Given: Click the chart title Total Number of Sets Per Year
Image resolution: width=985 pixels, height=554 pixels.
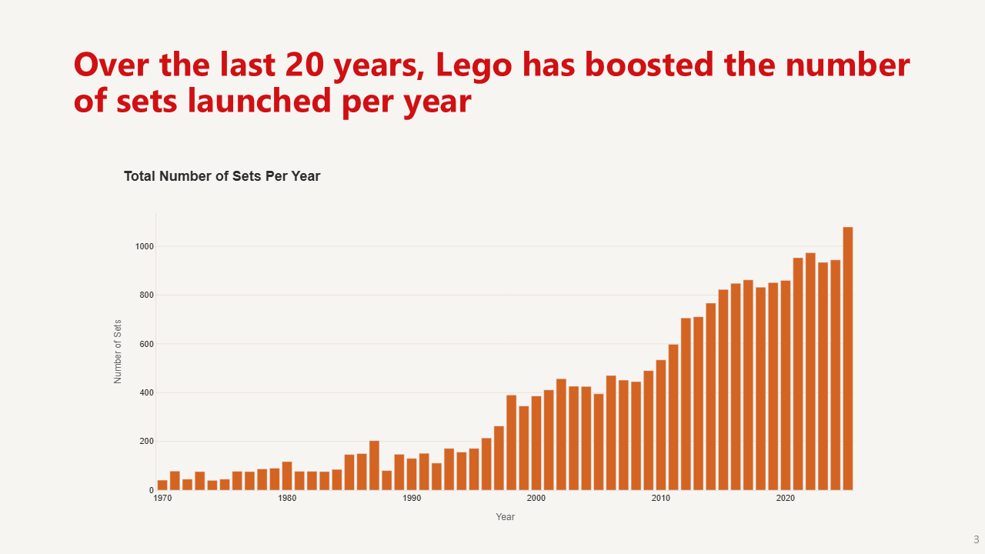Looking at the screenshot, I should point(222,176).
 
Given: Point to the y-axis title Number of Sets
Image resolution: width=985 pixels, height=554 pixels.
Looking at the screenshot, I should point(118,352).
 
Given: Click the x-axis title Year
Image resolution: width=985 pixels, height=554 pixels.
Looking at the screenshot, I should point(505,517).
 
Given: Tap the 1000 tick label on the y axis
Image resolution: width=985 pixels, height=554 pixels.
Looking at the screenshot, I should point(145,246).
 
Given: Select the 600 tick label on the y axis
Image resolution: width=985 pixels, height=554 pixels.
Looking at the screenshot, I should point(147,344).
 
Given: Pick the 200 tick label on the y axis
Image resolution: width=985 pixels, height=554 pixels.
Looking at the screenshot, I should point(147,442).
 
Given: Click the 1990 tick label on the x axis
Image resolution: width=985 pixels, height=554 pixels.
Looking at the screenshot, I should point(412,499).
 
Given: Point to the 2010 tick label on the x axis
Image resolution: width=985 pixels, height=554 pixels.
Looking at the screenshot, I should point(661,499).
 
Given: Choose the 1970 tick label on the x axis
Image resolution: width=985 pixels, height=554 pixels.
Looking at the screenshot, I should point(162,499).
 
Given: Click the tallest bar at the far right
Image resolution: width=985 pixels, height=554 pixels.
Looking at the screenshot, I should point(848,359).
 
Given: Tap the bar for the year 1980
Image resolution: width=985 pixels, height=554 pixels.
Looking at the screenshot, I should point(287,476).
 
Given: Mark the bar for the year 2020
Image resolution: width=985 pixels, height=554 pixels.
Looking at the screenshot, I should point(786,385).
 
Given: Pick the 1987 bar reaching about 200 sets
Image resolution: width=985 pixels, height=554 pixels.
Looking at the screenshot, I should point(374,466).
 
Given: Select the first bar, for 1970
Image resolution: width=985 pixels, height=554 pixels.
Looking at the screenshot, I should point(162,486).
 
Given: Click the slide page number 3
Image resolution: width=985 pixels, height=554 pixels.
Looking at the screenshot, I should point(976,539).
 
